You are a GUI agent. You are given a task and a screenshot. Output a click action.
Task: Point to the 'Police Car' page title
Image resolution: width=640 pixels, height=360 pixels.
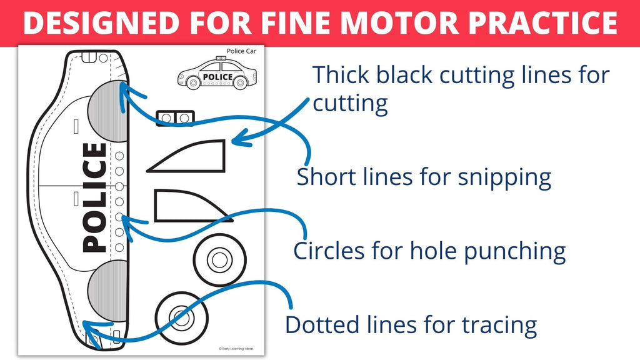tap(241, 52)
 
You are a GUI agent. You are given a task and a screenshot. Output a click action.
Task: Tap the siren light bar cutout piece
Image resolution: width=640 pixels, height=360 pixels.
tap(175, 117)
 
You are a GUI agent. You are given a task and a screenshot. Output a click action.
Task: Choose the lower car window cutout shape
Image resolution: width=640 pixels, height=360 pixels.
tap(187, 206)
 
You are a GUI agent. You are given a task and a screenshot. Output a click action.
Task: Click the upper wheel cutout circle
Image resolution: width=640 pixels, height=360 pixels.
tap(216, 257)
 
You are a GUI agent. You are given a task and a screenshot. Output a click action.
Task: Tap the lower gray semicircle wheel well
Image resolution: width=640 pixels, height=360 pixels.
tap(107, 290)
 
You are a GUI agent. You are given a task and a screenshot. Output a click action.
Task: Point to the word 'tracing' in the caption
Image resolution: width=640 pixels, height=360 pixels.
tap(499, 325)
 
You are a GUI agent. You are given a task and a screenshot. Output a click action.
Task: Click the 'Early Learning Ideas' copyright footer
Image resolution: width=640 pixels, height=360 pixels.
tap(241, 349)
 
